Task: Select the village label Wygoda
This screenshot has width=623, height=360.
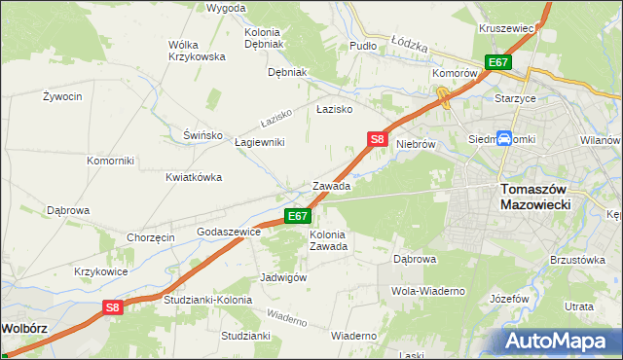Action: (x=226, y=8)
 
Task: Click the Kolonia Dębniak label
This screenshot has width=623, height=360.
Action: (x=263, y=38)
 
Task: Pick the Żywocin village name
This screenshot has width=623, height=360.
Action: (x=60, y=96)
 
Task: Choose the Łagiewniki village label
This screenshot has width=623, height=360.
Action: (x=259, y=142)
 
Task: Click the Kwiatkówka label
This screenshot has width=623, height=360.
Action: (x=194, y=177)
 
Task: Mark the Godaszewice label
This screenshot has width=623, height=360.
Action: (x=229, y=233)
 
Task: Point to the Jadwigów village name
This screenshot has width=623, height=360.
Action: (x=284, y=277)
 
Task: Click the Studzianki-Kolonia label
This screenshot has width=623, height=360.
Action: (x=207, y=300)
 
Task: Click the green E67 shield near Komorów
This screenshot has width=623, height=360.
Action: (x=498, y=62)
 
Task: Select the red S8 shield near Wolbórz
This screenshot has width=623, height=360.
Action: (x=113, y=307)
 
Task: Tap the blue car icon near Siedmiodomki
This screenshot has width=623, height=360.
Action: (x=505, y=139)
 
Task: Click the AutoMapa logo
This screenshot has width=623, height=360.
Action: (x=558, y=341)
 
